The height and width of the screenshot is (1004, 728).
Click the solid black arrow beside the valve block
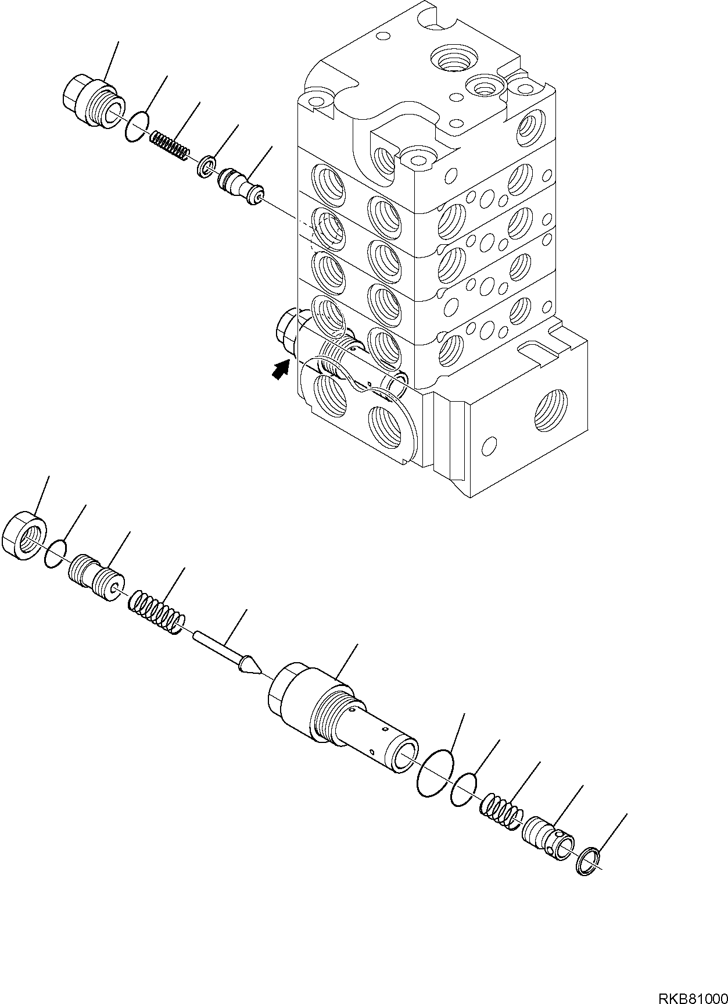282,369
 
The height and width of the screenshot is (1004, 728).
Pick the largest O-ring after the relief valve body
435,773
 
